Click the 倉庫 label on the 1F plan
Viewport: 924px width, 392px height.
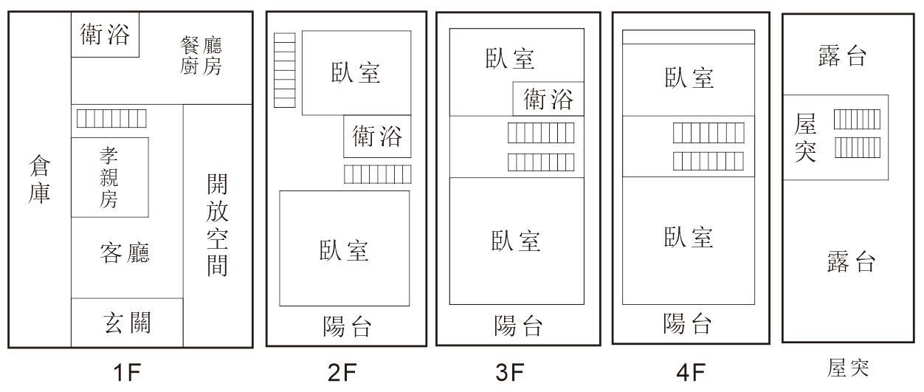point(38,179)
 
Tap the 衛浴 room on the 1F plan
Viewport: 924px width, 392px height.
point(105,35)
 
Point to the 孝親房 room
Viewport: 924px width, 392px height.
point(109,177)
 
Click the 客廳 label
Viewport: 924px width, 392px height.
point(125,253)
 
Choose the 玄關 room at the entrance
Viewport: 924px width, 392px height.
point(127,323)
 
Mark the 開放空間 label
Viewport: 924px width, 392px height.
point(217,224)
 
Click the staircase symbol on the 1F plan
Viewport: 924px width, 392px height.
point(111,118)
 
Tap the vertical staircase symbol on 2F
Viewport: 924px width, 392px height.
point(284,70)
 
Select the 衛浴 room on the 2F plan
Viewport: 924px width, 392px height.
point(377,136)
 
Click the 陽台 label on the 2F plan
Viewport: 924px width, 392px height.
point(347,326)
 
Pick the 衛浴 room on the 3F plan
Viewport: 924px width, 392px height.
point(548,99)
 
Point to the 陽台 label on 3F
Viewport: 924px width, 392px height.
point(518,326)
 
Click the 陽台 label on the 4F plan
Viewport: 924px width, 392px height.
point(688,323)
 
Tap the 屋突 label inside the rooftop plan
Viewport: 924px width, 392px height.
point(805,137)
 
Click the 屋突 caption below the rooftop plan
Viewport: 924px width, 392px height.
point(848,368)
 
